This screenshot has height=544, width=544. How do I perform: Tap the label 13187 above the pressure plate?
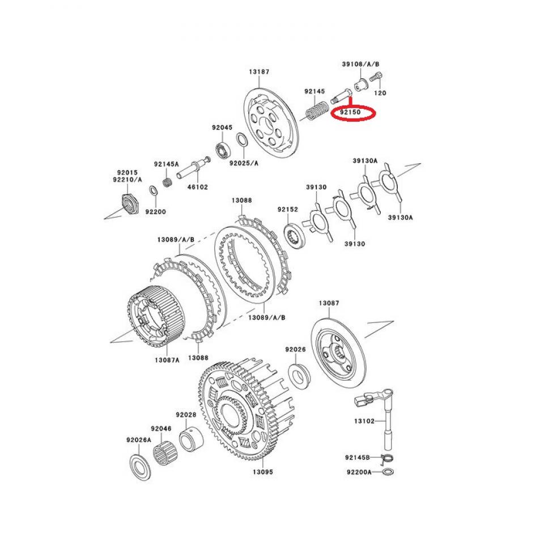258,72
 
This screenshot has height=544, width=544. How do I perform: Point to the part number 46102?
198,186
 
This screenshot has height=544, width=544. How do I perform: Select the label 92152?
287,210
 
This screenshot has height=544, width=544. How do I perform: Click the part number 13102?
365,421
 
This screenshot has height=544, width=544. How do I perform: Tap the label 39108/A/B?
360,64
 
